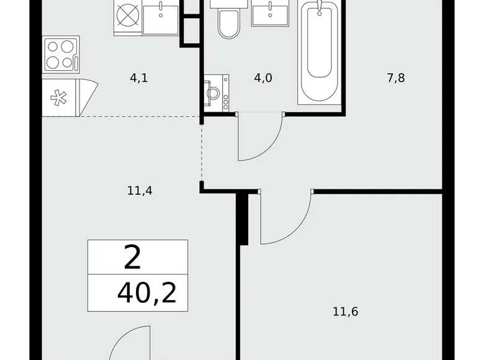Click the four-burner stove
pos(60,54)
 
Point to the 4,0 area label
pos(262,79)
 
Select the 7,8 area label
pos(395,79)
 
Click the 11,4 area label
pos(140,191)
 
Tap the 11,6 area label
pos(346,310)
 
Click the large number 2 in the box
pos(133,257)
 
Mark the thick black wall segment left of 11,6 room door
pos(244,217)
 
